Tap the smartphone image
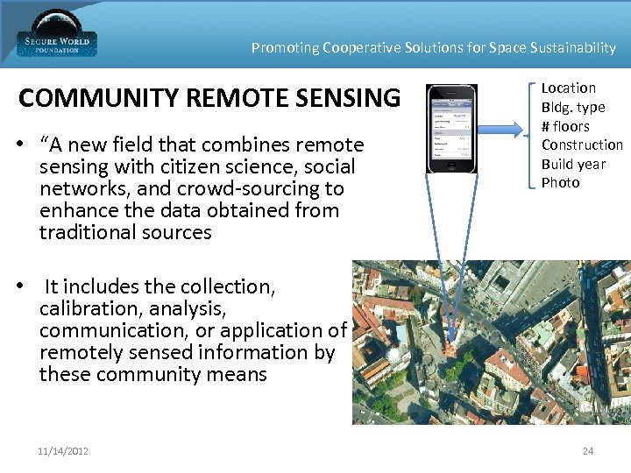click(x=451, y=128)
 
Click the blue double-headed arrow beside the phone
click(x=505, y=129)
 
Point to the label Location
click(x=568, y=88)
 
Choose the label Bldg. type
click(x=572, y=107)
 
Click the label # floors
click(x=565, y=126)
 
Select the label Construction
click(x=582, y=145)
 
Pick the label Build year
click(x=572, y=164)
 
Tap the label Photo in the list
click(x=560, y=182)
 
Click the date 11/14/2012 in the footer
click(x=63, y=451)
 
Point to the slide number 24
click(x=587, y=451)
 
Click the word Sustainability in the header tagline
click(x=573, y=48)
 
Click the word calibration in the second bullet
click(x=82, y=308)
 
